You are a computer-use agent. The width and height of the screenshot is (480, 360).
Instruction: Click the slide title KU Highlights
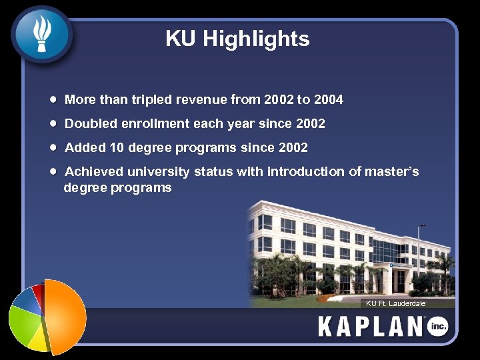click(237, 39)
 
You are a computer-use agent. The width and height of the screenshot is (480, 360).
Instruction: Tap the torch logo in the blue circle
click(41, 34)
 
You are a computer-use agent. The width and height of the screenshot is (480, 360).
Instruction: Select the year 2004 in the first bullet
click(329, 100)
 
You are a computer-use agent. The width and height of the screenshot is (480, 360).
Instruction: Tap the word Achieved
click(94, 171)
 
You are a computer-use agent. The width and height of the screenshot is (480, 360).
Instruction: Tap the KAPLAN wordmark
click(371, 327)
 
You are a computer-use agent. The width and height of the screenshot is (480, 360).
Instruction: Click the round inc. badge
click(437, 326)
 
